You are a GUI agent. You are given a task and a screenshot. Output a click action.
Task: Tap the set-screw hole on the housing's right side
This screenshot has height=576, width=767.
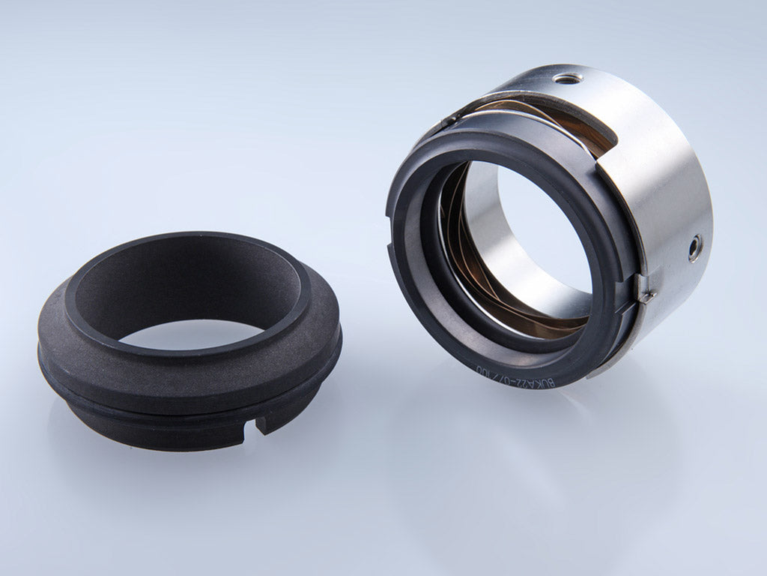[696, 247]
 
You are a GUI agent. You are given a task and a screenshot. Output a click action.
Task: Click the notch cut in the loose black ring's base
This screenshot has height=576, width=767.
[264, 424]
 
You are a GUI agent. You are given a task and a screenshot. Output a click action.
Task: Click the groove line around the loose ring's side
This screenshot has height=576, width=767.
[150, 405]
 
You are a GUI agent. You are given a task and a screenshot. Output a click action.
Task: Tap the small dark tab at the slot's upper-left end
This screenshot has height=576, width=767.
[449, 120]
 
